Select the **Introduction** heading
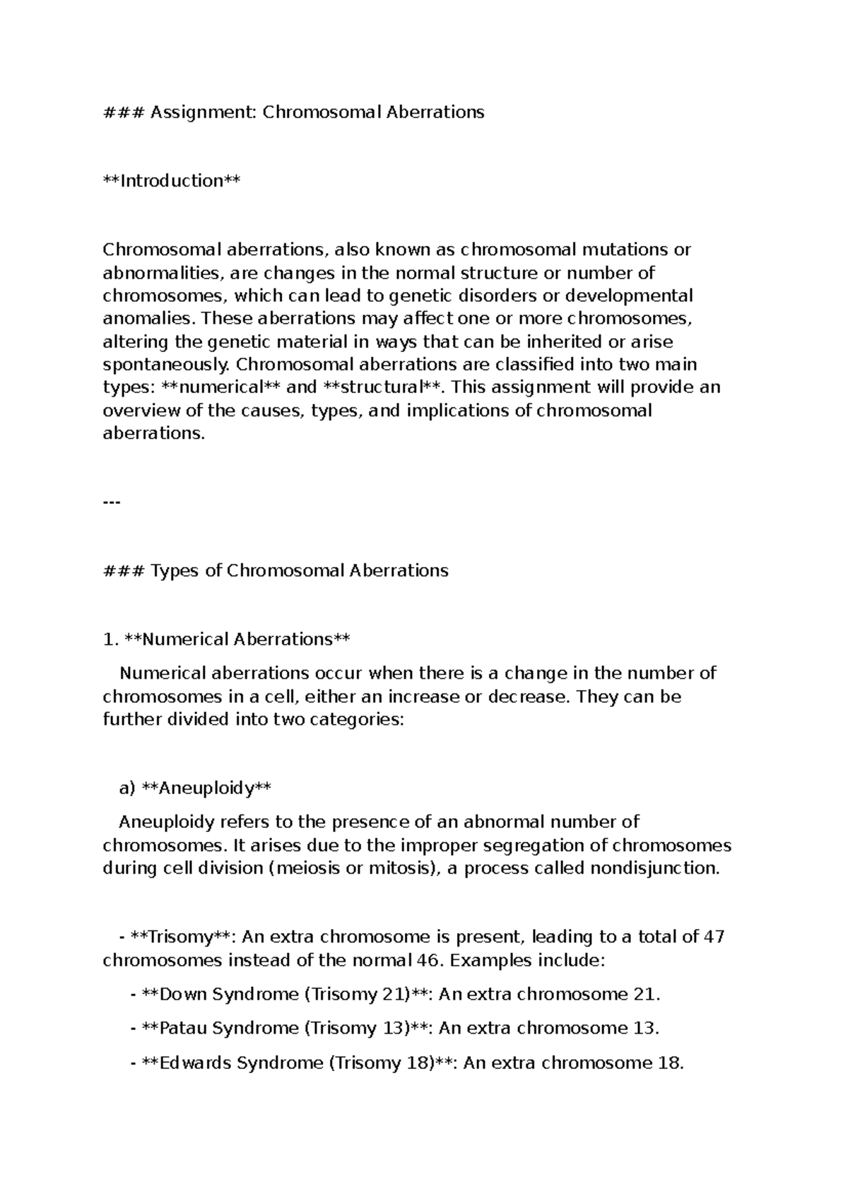(172, 181)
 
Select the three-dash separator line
(112, 502)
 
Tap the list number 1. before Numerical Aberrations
(110, 640)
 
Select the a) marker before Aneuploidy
(126, 788)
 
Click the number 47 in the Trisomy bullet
(714, 937)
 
